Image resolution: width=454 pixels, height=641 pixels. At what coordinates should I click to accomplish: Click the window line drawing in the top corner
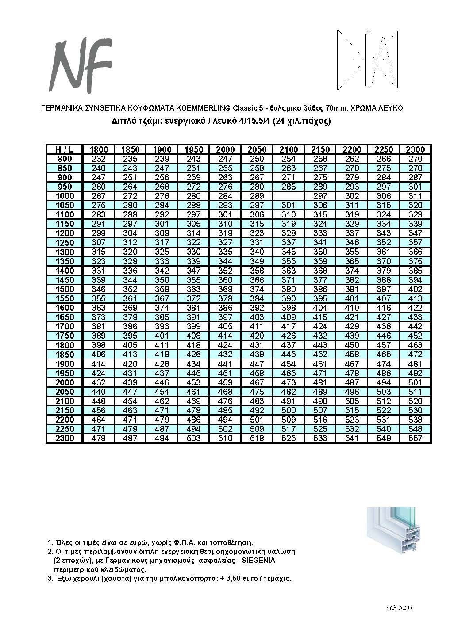pyautogui.click(x=368, y=60)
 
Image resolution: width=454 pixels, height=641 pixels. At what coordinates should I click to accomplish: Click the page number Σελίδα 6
pyautogui.click(x=398, y=607)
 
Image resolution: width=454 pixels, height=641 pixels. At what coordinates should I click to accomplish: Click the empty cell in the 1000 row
pyautogui.click(x=289, y=196)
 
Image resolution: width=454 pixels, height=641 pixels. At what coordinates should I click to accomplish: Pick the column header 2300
pyautogui.click(x=415, y=149)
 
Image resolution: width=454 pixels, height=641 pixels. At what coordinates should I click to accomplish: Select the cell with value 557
pyautogui.click(x=415, y=438)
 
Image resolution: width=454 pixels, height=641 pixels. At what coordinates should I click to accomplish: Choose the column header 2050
pyautogui.click(x=257, y=149)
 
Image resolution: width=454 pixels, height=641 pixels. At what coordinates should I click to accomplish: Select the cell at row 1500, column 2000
pyautogui.click(x=225, y=289)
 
